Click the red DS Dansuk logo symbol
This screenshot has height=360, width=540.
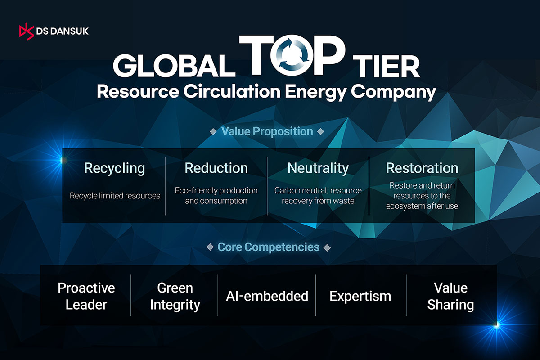click(x=27, y=31)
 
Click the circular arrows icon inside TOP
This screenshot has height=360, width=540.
click(x=292, y=55)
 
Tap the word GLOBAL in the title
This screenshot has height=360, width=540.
click(x=174, y=66)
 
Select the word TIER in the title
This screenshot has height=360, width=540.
click(x=387, y=66)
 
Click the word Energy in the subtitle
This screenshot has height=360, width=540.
click(x=315, y=93)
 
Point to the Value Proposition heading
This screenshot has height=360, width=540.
click(x=267, y=132)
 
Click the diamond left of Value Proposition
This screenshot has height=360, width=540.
click(x=213, y=132)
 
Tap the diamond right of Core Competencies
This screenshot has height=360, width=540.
click(x=327, y=247)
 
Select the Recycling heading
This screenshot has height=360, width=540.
click(x=114, y=168)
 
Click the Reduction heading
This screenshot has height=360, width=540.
click(x=216, y=168)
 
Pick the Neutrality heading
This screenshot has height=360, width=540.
click(x=318, y=168)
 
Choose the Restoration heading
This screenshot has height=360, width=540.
click(x=422, y=168)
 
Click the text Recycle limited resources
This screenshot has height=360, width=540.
click(x=115, y=196)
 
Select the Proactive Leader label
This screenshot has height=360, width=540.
click(x=86, y=296)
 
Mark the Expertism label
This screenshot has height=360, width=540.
click(x=360, y=296)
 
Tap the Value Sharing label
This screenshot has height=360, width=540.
click(x=450, y=296)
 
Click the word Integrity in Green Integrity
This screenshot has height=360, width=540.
click(x=175, y=305)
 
